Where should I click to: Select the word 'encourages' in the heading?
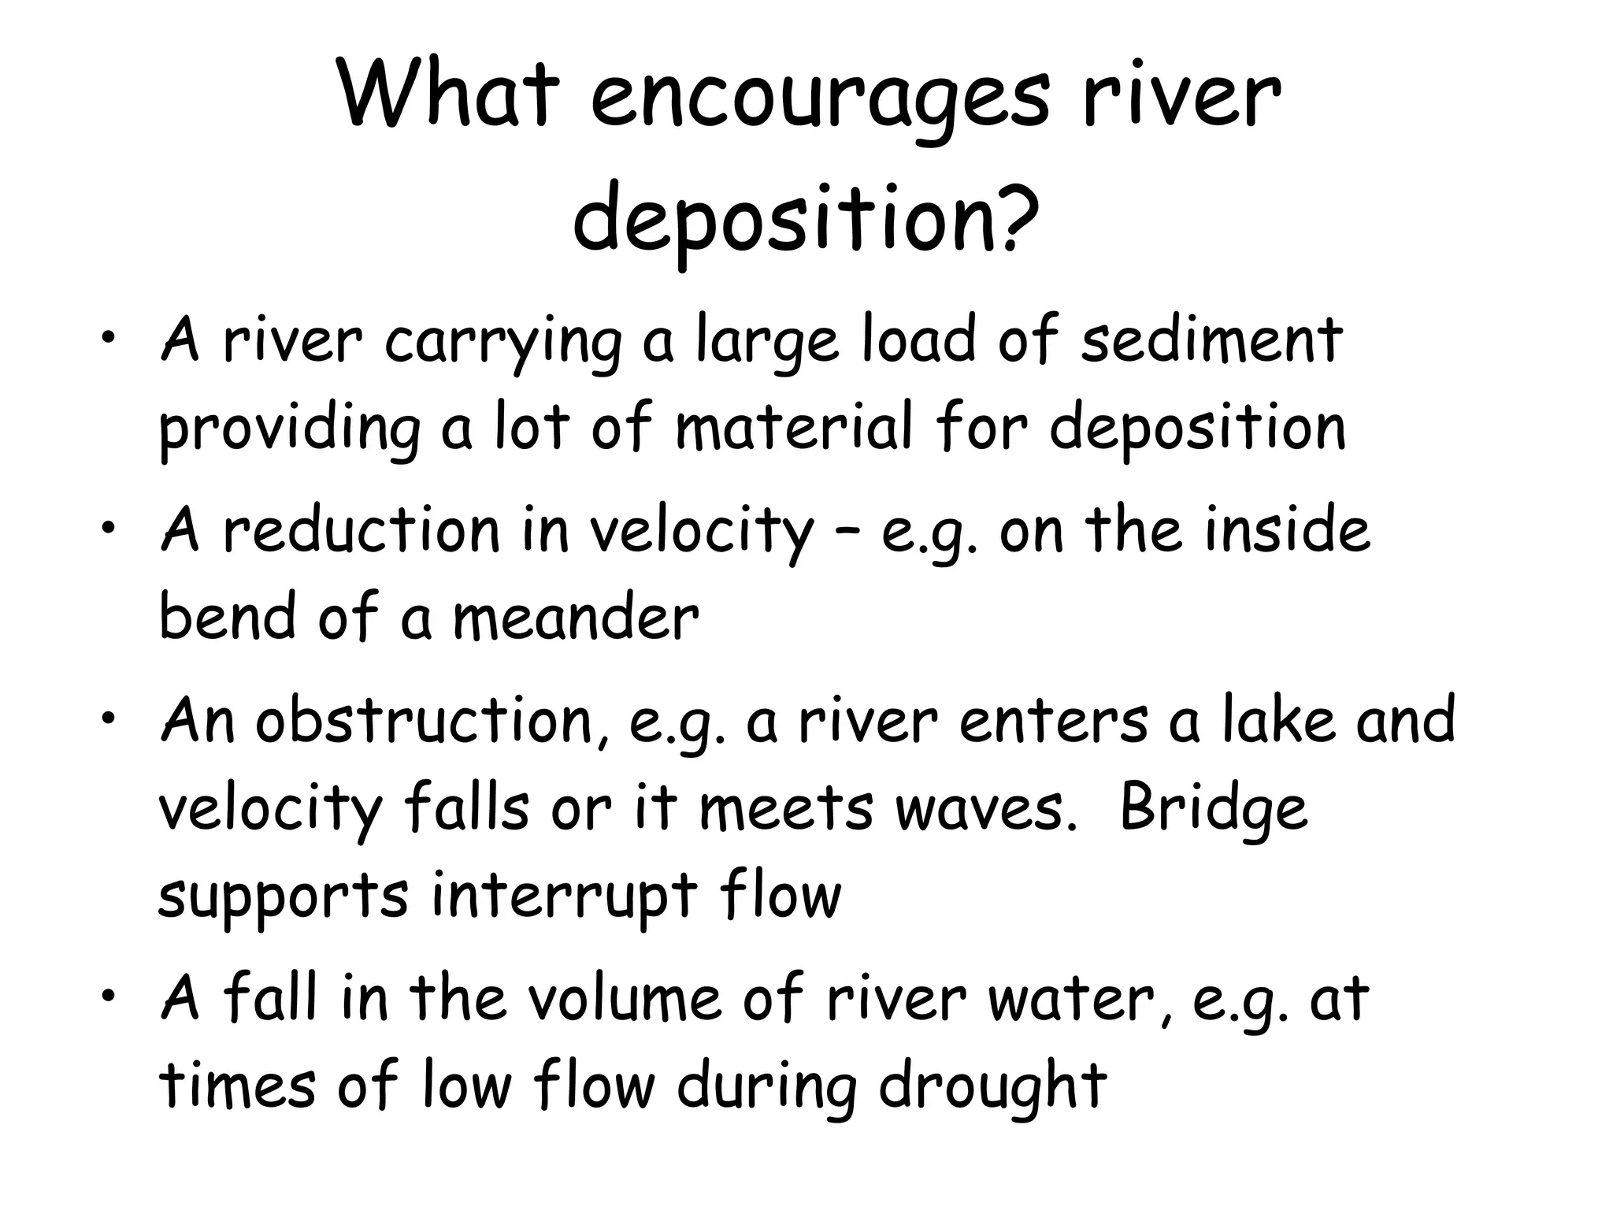[x=820, y=106]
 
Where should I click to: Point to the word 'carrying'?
[x=502, y=347]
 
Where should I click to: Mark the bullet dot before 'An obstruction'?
[x=109, y=718]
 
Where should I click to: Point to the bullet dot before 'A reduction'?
[x=109, y=528]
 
